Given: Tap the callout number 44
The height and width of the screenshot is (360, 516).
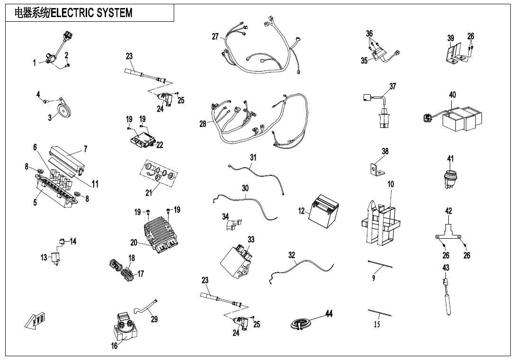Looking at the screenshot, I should (x=329, y=314).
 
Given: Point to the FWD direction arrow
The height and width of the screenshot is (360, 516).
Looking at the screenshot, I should (x=36, y=322).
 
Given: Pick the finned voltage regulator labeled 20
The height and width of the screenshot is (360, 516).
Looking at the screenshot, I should (x=161, y=233).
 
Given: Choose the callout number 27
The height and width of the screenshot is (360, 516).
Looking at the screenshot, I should (x=215, y=37).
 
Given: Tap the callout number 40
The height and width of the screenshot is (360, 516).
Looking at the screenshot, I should (x=453, y=95).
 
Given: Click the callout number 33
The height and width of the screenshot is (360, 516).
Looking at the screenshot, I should (x=251, y=239).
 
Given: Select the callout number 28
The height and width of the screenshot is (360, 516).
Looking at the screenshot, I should (x=203, y=124).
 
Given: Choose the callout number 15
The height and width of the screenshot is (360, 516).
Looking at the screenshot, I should (x=377, y=324).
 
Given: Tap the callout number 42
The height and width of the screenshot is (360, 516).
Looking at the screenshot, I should (x=449, y=210).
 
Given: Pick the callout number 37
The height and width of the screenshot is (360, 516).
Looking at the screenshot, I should (x=392, y=86).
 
